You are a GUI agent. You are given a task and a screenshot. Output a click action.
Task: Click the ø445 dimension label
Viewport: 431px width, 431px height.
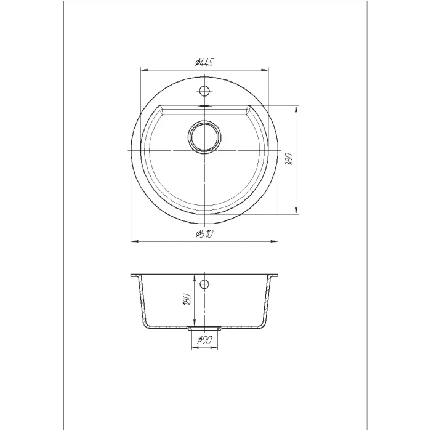[x=204, y=63]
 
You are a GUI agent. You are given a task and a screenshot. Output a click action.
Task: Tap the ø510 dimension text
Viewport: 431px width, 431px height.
[x=204, y=234]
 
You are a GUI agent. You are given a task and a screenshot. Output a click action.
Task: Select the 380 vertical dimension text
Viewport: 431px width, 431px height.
[x=290, y=159]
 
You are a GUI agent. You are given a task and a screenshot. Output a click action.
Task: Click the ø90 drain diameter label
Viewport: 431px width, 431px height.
[x=204, y=340]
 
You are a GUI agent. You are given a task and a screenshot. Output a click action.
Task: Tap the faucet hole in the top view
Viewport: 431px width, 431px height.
[x=204, y=91]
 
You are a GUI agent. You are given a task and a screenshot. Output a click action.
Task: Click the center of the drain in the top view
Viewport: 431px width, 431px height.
[x=204, y=137]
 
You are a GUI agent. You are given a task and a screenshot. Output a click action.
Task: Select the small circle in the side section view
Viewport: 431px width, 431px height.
[x=204, y=284]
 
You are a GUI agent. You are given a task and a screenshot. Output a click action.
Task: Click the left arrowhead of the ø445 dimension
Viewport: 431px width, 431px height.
[x=144, y=70]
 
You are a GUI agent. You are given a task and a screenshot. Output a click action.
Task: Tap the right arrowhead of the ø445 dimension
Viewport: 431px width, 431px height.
[x=264, y=70]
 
